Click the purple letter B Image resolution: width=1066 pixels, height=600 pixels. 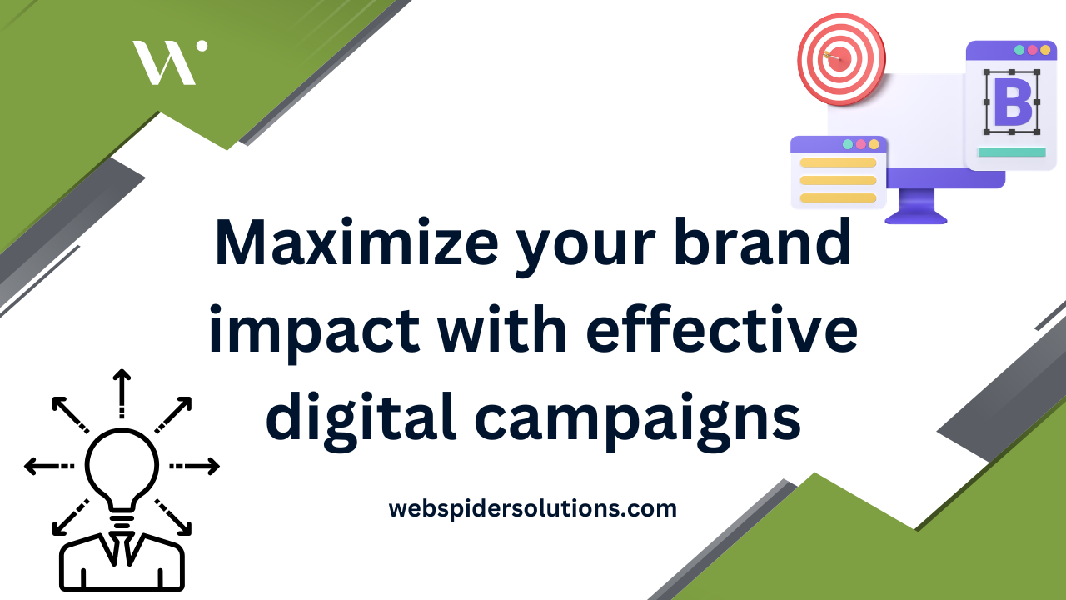click(x=1012, y=102)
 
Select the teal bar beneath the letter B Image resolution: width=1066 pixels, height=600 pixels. click(x=1011, y=152)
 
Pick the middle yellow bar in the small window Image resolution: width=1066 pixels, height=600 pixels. click(x=838, y=180)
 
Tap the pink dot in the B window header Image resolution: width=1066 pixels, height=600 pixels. click(x=1032, y=50)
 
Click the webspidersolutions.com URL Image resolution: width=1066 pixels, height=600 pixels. click(x=532, y=507)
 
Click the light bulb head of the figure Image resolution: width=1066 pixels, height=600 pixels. click(x=122, y=467)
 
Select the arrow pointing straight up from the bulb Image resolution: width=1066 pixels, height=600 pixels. click(x=122, y=392)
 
